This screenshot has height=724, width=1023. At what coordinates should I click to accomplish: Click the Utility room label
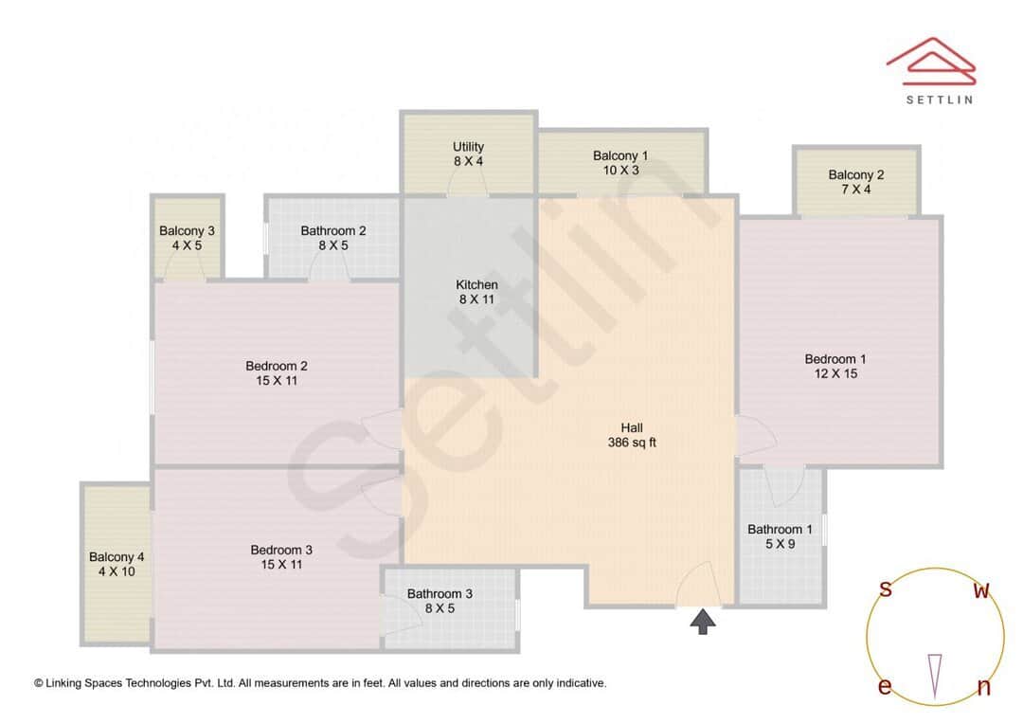468,147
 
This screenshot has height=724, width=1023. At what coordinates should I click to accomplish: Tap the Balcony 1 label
620,155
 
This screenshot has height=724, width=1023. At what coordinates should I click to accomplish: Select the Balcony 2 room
855,182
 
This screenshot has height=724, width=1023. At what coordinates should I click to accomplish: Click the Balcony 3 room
187,238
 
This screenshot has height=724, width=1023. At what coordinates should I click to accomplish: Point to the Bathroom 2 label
333,231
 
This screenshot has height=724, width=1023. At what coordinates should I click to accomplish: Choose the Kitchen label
476,285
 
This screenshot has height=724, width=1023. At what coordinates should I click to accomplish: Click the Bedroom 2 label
277,367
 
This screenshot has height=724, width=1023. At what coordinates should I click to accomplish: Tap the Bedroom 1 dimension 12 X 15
835,374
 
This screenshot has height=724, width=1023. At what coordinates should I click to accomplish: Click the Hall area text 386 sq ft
632,443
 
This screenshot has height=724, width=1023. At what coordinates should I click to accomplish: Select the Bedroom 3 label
281,551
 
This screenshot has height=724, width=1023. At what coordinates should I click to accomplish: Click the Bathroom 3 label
440,594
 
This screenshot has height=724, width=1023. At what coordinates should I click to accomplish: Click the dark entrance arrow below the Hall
702,622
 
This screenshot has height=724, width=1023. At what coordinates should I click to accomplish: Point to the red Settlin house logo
931,59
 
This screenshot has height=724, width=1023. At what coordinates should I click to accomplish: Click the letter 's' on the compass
886,589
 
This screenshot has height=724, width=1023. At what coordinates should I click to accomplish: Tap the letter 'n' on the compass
983,688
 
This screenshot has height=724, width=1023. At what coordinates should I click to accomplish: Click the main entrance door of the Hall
699,586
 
